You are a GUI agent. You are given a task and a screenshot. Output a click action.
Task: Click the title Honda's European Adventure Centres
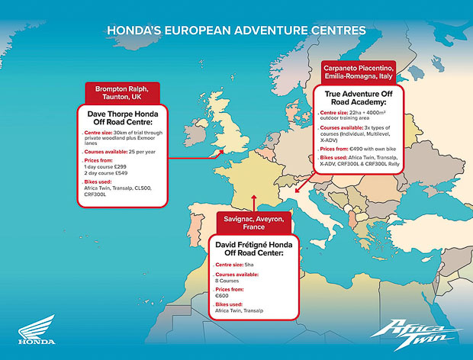tap(236, 31)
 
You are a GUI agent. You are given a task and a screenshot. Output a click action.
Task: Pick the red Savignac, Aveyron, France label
tap(253, 221)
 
